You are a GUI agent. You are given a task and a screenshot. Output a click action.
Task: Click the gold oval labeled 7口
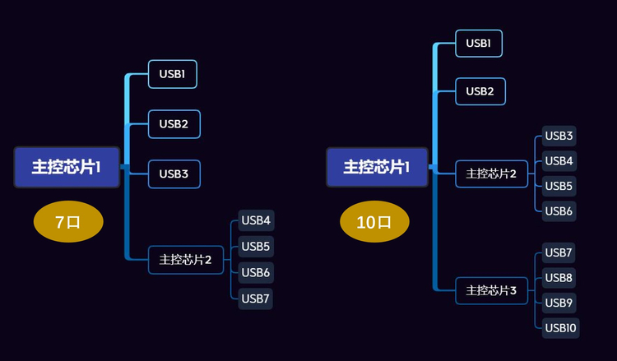click(68, 222)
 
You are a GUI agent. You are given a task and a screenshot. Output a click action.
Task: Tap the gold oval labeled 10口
click(374, 222)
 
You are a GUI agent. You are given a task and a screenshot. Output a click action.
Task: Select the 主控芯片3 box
click(491, 290)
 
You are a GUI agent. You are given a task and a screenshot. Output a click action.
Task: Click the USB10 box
click(560, 328)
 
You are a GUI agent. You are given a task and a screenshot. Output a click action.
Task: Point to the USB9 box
click(559, 303)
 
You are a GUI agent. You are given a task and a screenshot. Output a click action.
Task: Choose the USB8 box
click(559, 278)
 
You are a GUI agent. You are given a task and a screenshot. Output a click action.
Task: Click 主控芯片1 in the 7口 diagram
click(67, 167)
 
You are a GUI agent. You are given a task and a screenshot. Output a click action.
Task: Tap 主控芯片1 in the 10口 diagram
click(377, 167)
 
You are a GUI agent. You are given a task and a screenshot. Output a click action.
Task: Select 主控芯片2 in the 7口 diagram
click(185, 260)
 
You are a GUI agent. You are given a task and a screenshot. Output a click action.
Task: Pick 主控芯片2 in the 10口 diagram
click(491, 174)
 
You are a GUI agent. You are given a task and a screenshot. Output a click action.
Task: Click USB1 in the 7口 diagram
click(173, 75)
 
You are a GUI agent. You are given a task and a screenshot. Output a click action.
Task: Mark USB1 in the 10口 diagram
click(479, 44)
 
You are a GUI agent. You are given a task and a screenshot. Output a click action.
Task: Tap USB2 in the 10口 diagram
click(480, 91)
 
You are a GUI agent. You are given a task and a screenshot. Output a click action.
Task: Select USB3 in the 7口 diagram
click(174, 174)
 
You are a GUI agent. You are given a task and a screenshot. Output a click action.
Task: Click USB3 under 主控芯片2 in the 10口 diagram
click(559, 136)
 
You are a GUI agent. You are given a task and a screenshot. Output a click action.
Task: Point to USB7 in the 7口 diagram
click(255, 299)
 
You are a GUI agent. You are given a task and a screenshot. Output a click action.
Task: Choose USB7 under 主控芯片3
click(559, 252)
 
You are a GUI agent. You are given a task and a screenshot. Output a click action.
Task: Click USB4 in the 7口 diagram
click(256, 220)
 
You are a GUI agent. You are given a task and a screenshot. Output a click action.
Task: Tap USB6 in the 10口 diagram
click(559, 211)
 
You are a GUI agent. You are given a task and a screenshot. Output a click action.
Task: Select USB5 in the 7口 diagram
click(256, 246)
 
